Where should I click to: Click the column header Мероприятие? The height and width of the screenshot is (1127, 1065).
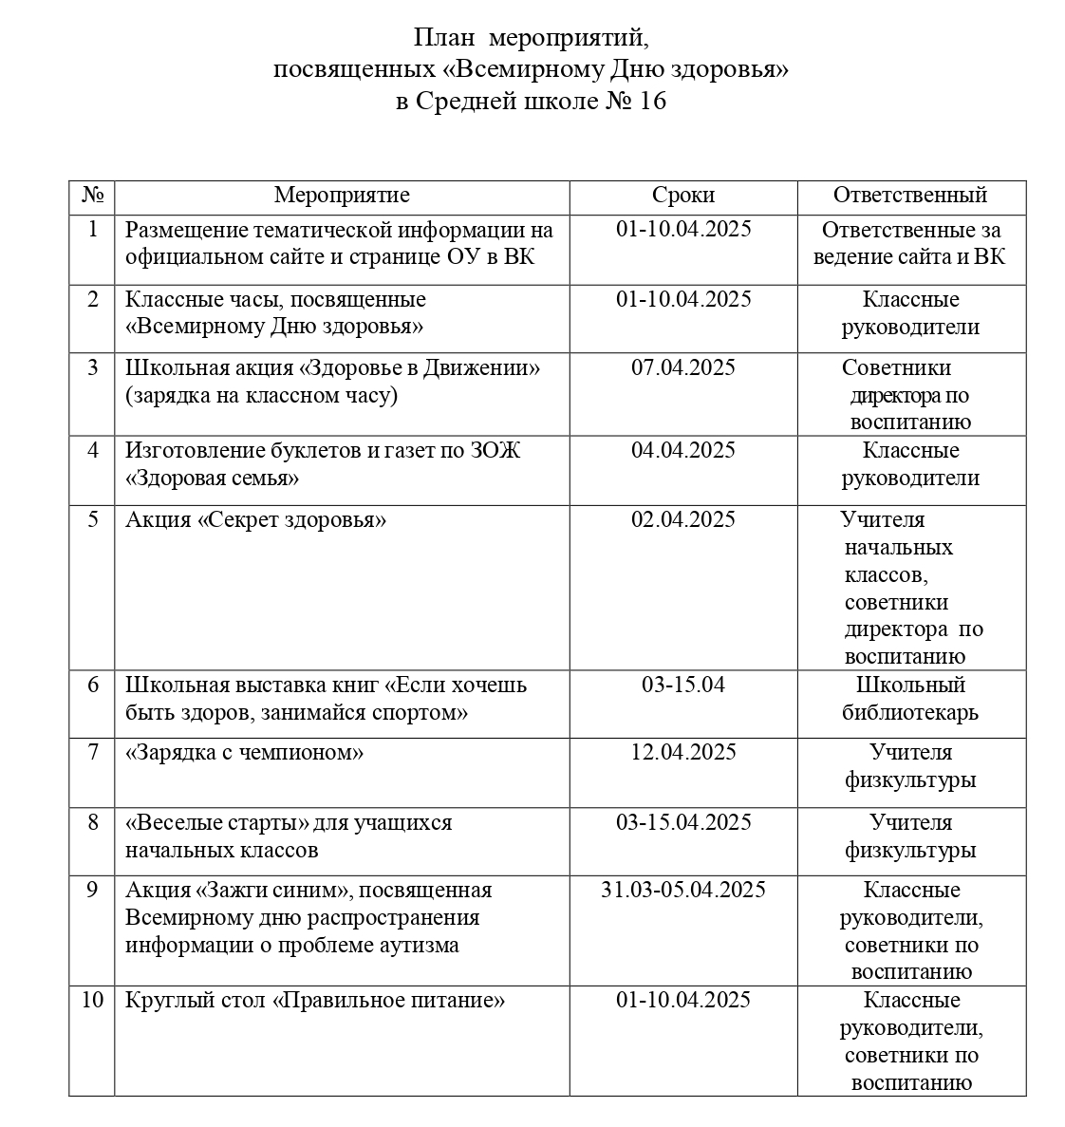tap(342, 196)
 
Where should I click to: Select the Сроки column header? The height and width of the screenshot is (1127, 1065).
tap(682, 196)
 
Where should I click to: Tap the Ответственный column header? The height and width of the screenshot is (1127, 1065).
tap(910, 196)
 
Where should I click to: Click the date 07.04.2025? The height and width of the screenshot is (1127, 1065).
tap(682, 368)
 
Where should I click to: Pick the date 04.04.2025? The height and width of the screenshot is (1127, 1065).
tap(682, 451)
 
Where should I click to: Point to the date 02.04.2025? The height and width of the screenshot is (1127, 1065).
tap(682, 520)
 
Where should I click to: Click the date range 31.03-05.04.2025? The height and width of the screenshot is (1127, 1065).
tap(682, 891)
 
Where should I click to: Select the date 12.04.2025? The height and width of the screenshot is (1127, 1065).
tap(682, 753)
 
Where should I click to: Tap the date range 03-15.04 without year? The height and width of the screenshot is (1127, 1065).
tap(682, 685)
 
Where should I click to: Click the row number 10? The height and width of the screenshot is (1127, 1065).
tap(92, 1000)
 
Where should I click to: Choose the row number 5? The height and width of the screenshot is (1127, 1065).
tap(92, 520)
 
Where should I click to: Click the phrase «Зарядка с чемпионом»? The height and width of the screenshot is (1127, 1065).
tap(245, 753)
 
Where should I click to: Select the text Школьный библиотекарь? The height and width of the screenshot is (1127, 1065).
tap(910, 698)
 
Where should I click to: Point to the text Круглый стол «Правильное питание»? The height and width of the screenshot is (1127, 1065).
tap(315, 1001)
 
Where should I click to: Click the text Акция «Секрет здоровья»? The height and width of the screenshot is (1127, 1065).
tap(256, 520)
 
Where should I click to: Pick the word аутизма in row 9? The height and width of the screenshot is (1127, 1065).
tap(421, 946)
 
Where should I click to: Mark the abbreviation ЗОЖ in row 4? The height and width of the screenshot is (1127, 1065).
tap(495, 451)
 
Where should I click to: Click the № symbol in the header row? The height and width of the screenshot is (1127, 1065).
tap(92, 196)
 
